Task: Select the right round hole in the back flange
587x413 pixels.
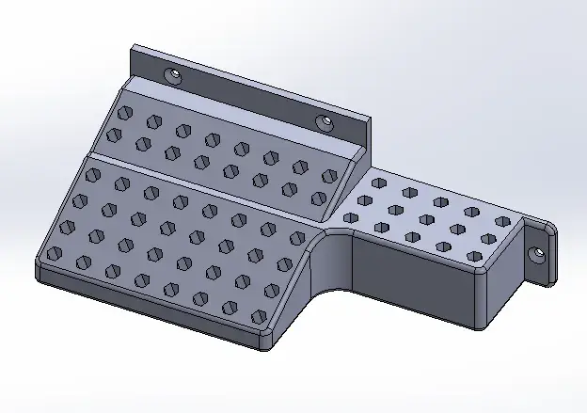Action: (x=325, y=121)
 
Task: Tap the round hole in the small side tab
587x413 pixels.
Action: (x=538, y=253)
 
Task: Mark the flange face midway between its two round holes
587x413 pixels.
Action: (x=248, y=97)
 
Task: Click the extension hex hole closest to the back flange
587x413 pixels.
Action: (x=379, y=183)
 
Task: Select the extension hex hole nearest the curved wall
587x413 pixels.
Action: (x=351, y=218)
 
